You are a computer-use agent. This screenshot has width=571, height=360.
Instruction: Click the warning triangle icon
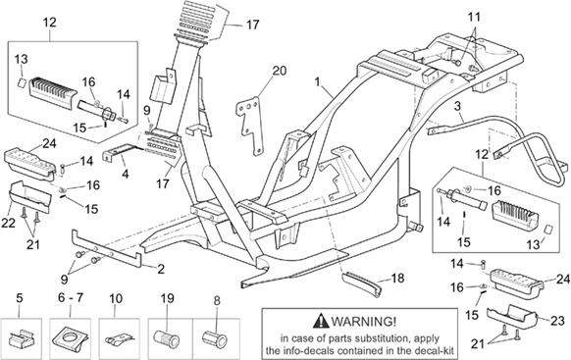[x=321, y=321]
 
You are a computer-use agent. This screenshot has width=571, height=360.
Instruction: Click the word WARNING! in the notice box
[x=363, y=321]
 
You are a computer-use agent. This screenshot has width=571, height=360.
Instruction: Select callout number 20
[x=280, y=71]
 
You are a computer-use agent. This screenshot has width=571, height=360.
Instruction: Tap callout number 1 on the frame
[x=318, y=81]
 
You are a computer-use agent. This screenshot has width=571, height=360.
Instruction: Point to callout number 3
[x=457, y=106]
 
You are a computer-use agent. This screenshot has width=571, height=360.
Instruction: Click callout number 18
[x=397, y=279]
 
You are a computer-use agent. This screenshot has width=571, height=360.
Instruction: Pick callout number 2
[x=161, y=269]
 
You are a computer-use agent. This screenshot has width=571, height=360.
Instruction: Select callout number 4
[x=126, y=174]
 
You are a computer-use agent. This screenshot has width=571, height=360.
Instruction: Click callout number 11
[x=474, y=17]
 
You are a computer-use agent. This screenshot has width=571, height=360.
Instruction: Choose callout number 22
[x=8, y=223]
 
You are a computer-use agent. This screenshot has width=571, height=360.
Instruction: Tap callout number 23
[x=557, y=322]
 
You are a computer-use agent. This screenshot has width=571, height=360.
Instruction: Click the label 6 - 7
[x=71, y=298]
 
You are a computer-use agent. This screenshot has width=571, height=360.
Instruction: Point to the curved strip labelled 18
[x=362, y=282]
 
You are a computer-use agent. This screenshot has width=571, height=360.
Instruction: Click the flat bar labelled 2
[x=107, y=248]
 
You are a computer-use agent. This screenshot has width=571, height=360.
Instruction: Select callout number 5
[x=20, y=298]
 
